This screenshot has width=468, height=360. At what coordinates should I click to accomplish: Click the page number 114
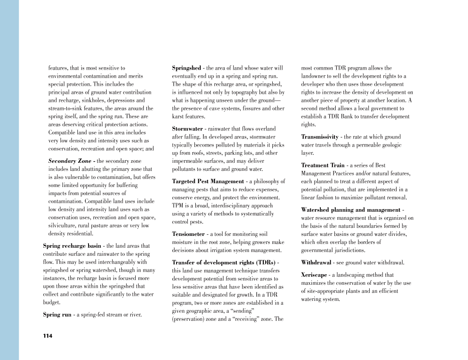tap(48, 336)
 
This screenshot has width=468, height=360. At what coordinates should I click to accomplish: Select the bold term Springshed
tap(186, 68)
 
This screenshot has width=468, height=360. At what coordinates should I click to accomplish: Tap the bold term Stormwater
tap(187, 129)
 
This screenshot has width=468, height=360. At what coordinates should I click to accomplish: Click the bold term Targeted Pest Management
tap(208, 181)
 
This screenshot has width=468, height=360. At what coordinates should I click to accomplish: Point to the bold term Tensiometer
tap(188, 234)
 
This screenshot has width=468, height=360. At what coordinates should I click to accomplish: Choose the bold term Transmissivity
tap(320, 137)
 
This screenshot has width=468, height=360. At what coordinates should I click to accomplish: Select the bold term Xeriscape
tap(314, 275)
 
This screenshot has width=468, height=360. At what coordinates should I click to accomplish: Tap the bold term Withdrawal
tap(316, 263)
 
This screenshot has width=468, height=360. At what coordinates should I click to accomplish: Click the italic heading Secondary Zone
tap(70, 161)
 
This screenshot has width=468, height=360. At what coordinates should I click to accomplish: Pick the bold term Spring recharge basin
tap(72, 246)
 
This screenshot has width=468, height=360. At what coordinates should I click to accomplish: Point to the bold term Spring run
tap(57, 315)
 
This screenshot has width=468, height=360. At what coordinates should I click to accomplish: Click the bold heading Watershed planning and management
tap(351, 210)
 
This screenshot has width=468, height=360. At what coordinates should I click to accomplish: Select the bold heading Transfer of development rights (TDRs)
tap(223, 263)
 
